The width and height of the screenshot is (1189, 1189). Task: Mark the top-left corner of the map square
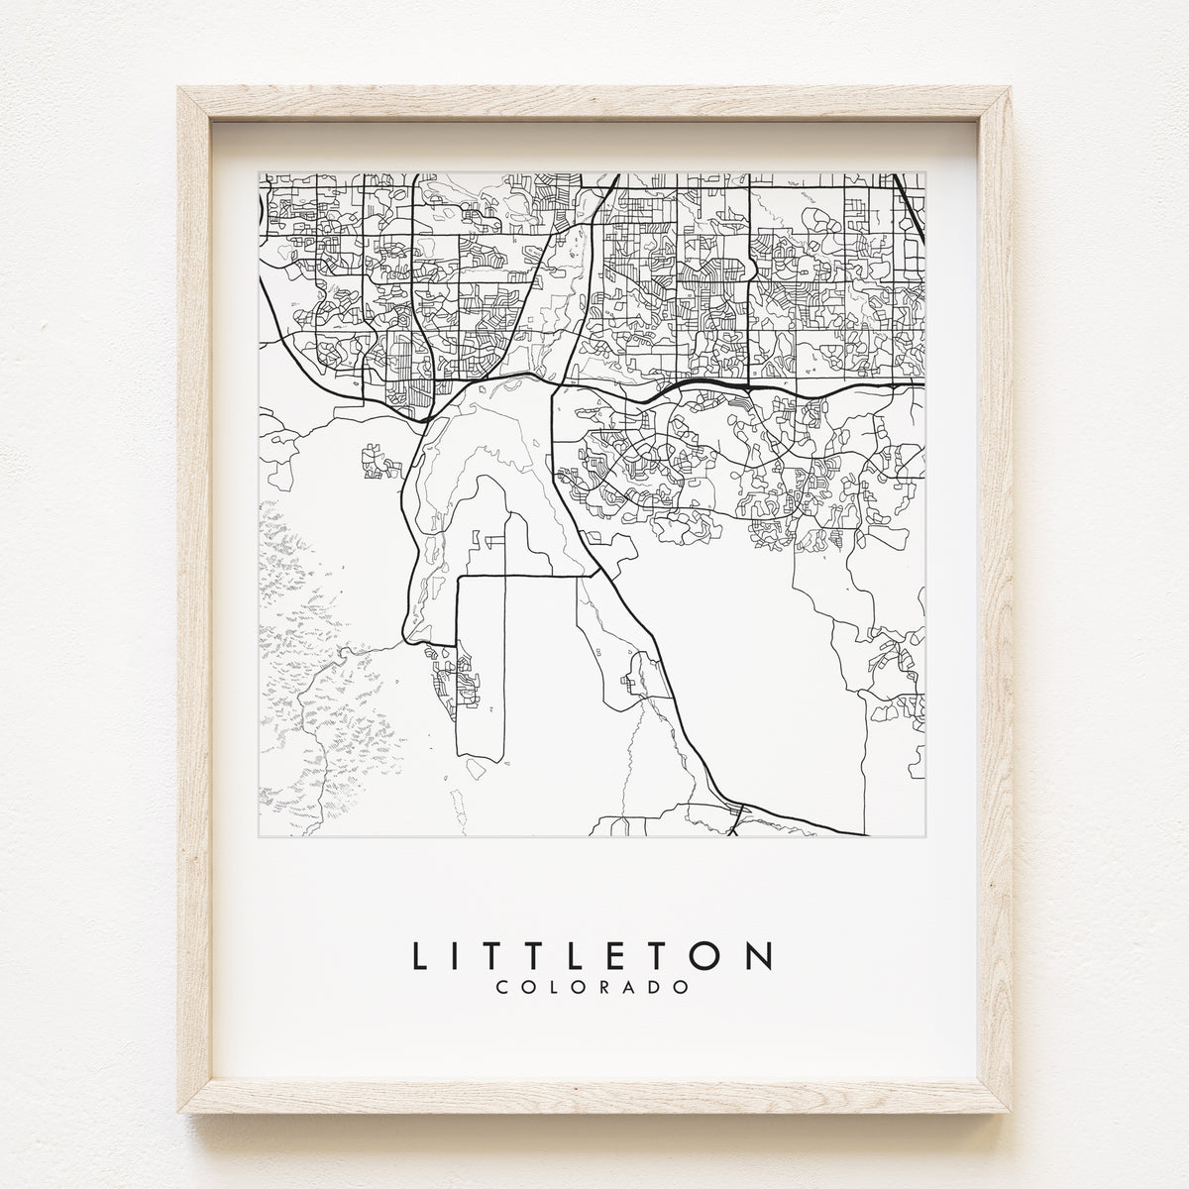click(x=260, y=172)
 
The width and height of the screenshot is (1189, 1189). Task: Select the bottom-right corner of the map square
click(x=925, y=838)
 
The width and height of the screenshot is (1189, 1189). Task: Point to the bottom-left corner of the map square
click(x=260, y=838)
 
